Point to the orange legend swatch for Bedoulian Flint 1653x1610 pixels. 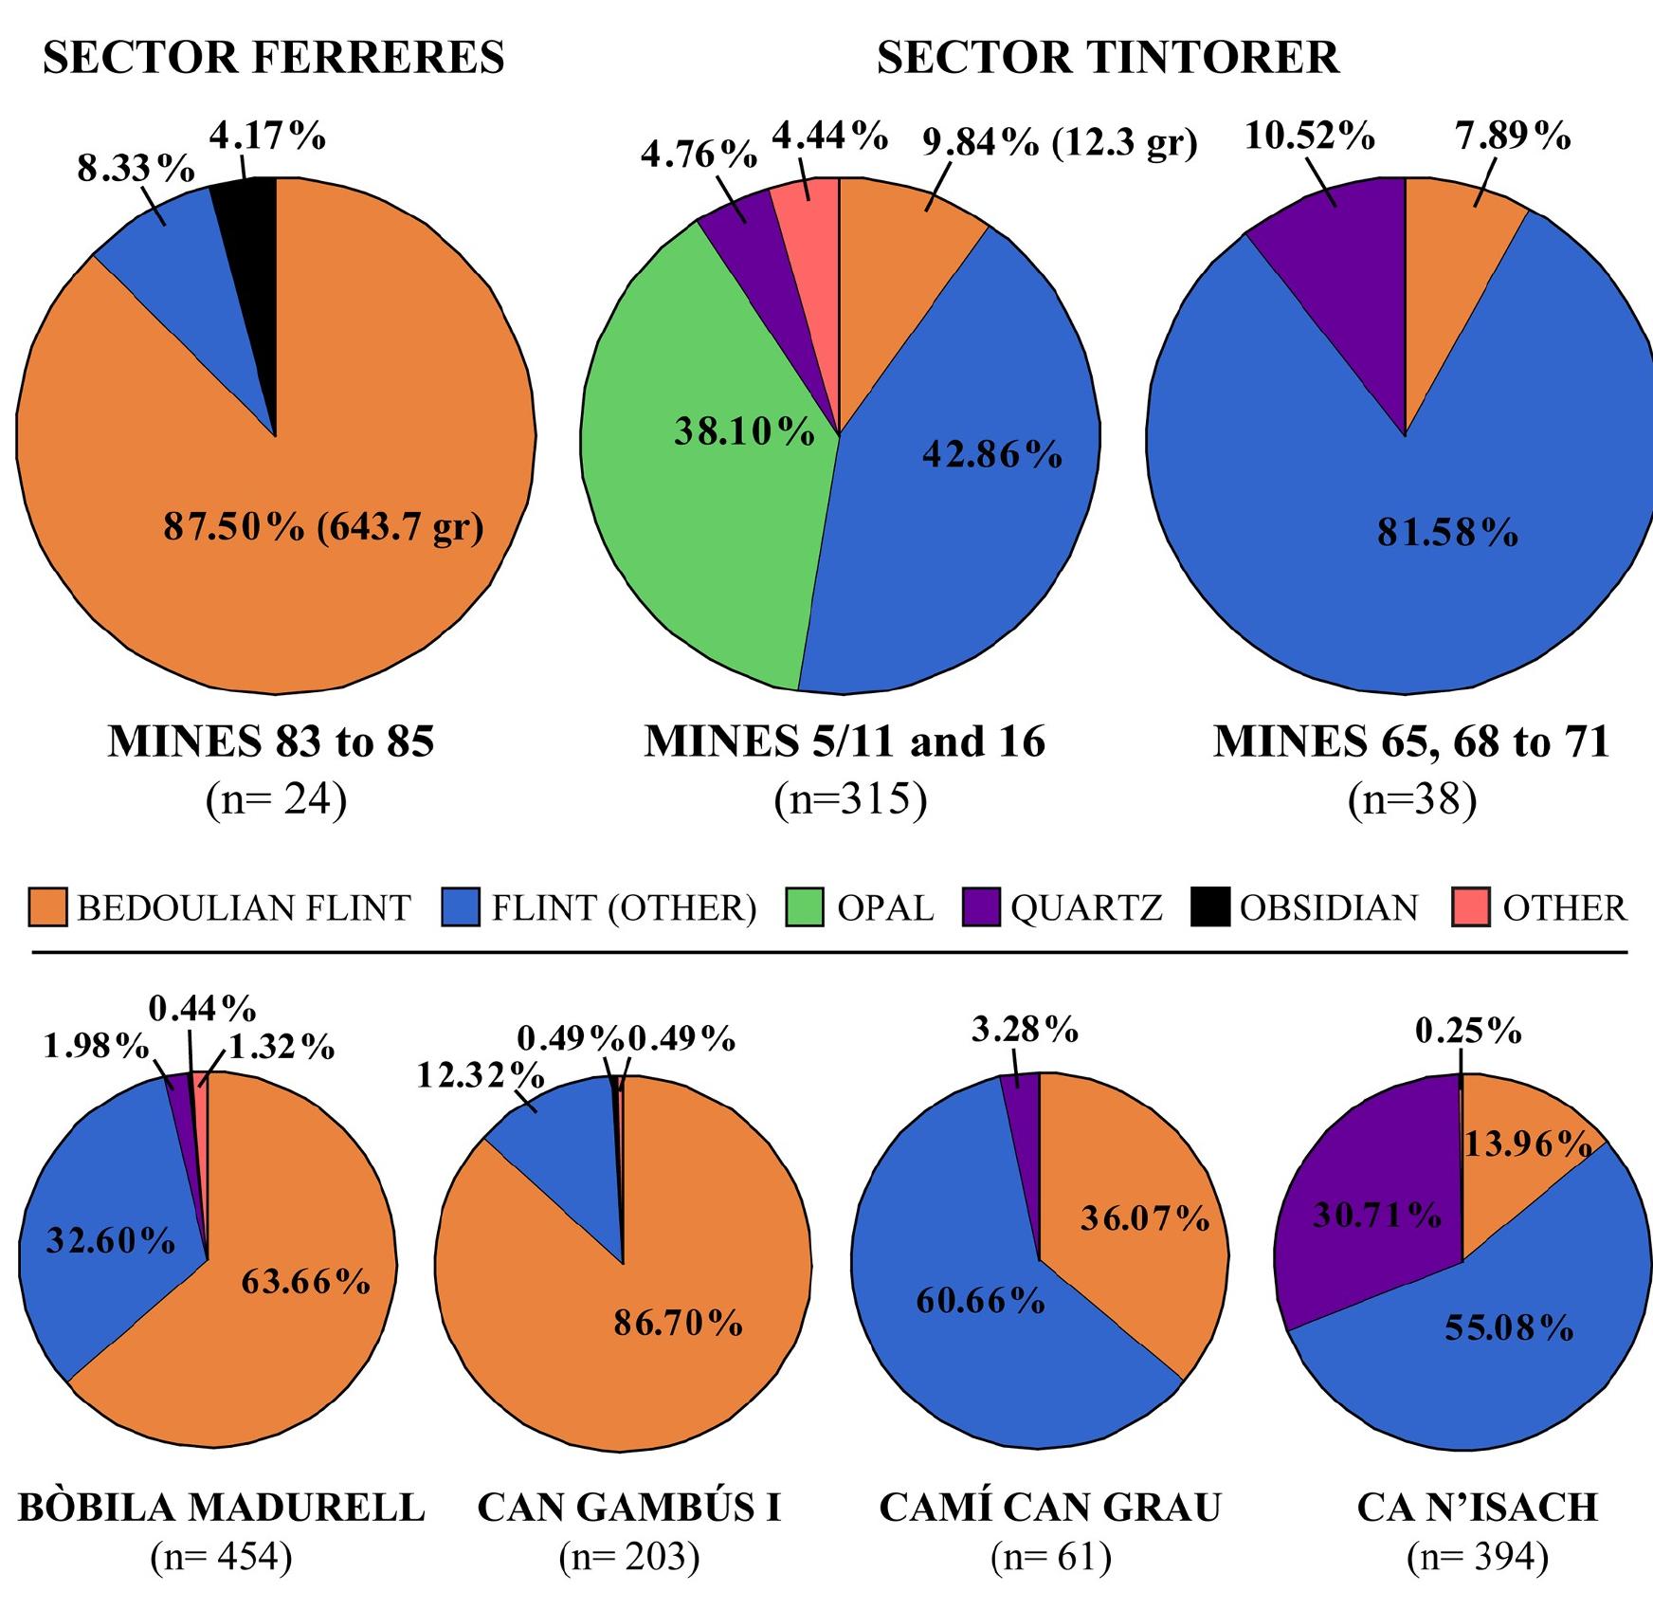(48, 907)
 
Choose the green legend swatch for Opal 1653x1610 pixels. (807, 907)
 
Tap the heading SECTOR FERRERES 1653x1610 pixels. (274, 59)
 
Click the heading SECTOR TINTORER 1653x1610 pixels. (1107, 59)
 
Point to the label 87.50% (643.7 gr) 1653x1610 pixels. (323, 527)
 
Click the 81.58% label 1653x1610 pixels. (1447, 534)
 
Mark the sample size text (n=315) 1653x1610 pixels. (849, 799)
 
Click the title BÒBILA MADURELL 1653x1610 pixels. (222, 1508)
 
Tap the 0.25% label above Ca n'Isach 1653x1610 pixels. (1468, 1031)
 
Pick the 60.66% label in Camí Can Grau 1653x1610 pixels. (980, 1301)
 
